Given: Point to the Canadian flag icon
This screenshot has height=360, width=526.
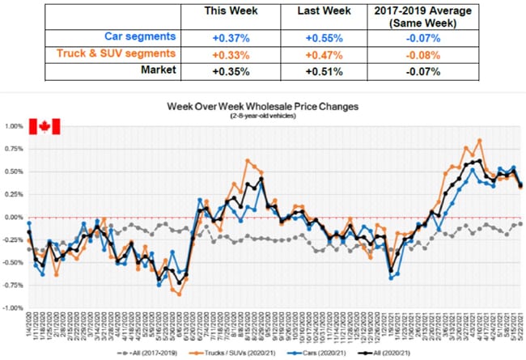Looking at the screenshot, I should pos(45,126).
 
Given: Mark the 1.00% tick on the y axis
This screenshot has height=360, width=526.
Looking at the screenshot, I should pos(15,127).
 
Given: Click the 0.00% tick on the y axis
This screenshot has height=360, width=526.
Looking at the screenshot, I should pos(15,218).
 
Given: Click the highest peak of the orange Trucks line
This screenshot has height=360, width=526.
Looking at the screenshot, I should pos(480,140).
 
